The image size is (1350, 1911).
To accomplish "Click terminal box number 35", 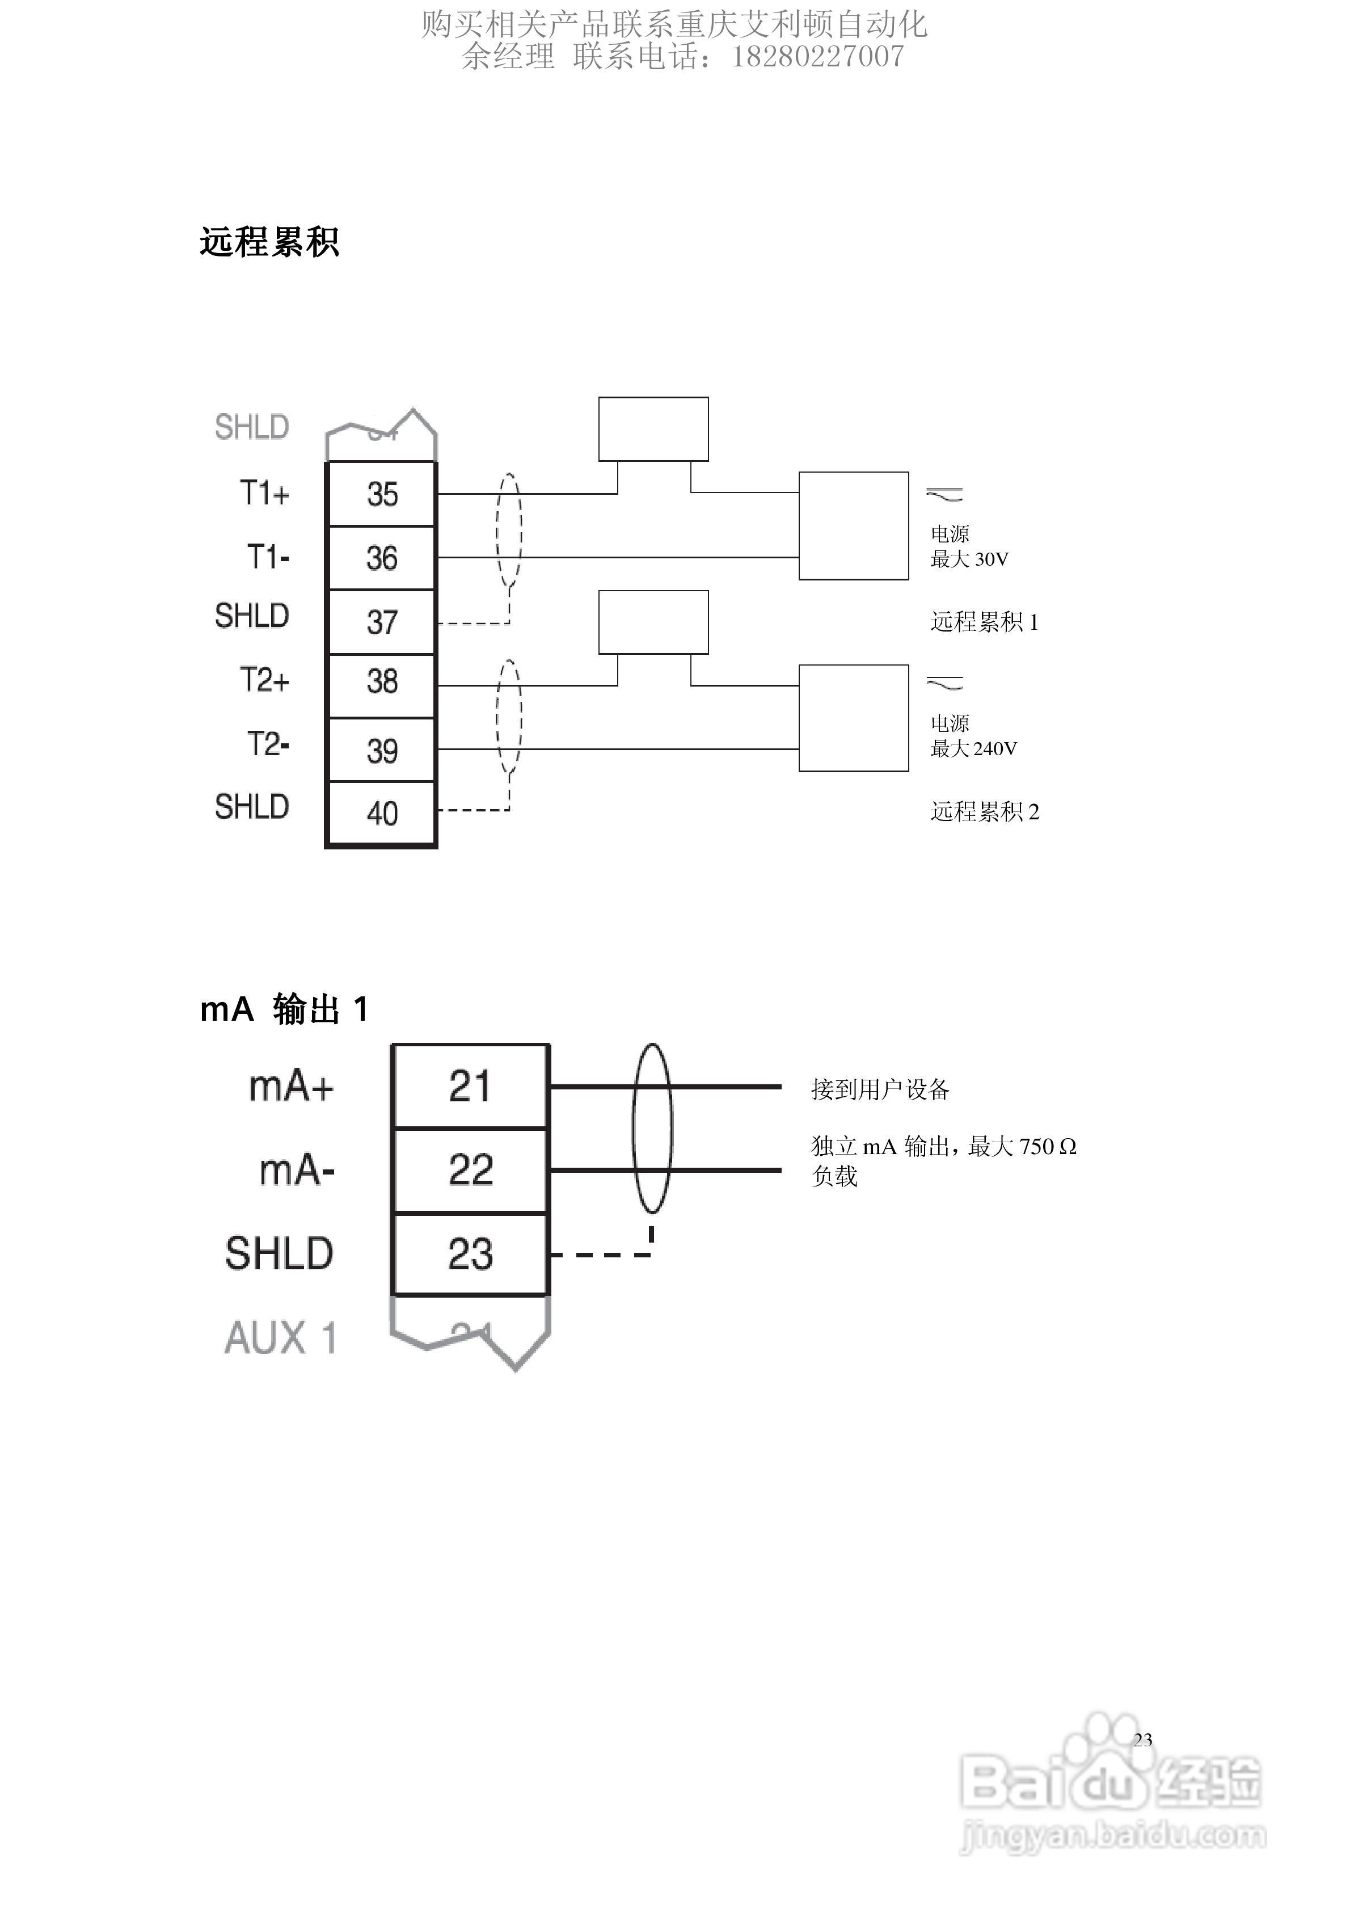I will pos(381,494).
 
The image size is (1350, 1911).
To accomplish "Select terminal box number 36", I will pos(381,558).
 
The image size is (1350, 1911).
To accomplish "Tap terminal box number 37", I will pos(381,622).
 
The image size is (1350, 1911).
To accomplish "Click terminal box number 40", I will pos(381,813).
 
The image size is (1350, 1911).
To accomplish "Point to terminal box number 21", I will pos(470,1086).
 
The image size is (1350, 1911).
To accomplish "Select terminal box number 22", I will pos(470,1169).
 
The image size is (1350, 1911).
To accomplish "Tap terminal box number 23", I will pos(470,1253).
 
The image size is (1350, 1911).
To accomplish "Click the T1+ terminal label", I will pos(265,494).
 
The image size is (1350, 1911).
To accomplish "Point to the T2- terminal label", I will pos(268,744).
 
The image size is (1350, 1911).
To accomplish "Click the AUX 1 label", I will pos(280,1337).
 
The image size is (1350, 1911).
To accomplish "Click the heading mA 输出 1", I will pos(284,1009).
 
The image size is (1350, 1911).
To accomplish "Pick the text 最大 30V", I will pos(969,559).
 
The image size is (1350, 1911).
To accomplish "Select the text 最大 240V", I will pos(973,749).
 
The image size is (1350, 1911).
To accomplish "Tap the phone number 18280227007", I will pos(817,57).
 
